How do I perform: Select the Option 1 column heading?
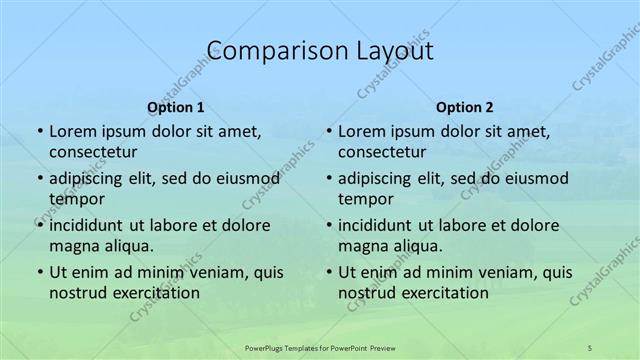pyautogui.click(x=176, y=106)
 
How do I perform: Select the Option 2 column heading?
pyautogui.click(x=465, y=106)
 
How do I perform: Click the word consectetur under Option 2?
pyautogui.click(x=382, y=152)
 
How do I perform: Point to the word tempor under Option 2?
pyautogui.click(x=361, y=199)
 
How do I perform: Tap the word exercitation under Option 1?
pyautogui.click(x=156, y=293)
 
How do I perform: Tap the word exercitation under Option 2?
pyautogui.click(x=445, y=293)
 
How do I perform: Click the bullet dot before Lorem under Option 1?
pyautogui.click(x=39, y=132)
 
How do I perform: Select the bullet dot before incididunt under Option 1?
pyautogui.click(x=39, y=225)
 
